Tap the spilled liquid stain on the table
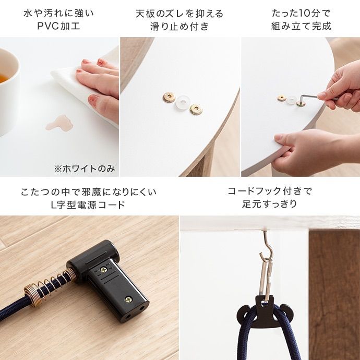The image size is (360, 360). pos(59,123)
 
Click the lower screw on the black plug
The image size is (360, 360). pos(128,299)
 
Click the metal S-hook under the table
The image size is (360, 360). pos(268,246)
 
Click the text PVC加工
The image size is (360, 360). pos(58,26)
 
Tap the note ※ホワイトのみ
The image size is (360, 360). pos(85,169)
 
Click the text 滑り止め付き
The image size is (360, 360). pos(179,26)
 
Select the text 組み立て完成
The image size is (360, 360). pos(301,26)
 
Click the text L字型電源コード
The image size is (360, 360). pos(88,205)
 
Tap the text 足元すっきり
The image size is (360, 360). pos(270,203)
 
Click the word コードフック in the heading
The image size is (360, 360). pos(255,191)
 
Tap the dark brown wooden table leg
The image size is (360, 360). pos(334,294)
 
